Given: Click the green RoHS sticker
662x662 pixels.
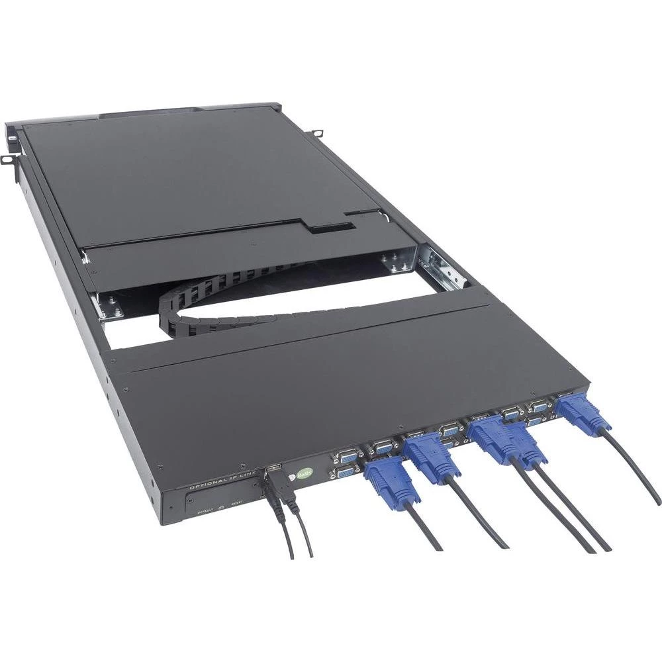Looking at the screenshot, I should click(x=303, y=473).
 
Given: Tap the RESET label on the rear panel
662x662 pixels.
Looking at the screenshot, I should click(x=238, y=504).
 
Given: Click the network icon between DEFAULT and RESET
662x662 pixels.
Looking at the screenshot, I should click(x=222, y=506).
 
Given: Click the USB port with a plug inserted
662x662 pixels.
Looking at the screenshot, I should click(x=273, y=471).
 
